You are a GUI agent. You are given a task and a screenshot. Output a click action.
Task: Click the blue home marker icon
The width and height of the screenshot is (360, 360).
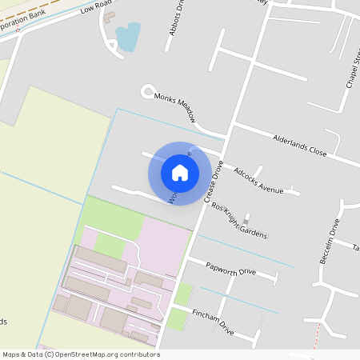click(180, 173)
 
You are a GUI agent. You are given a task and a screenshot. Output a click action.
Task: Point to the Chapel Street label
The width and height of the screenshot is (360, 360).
click(353, 69)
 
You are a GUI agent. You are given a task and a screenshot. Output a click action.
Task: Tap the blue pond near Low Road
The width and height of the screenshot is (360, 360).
click(128, 36)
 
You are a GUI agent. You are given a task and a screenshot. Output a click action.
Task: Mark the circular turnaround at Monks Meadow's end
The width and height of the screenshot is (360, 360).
click(147, 91)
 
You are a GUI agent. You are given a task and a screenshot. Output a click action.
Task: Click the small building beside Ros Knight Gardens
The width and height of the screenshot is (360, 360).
click(246, 217)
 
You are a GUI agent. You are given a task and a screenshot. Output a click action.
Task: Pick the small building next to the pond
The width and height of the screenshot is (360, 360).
click(110, 16)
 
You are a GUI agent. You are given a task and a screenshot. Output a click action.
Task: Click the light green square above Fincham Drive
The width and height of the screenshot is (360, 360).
click(183, 294)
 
